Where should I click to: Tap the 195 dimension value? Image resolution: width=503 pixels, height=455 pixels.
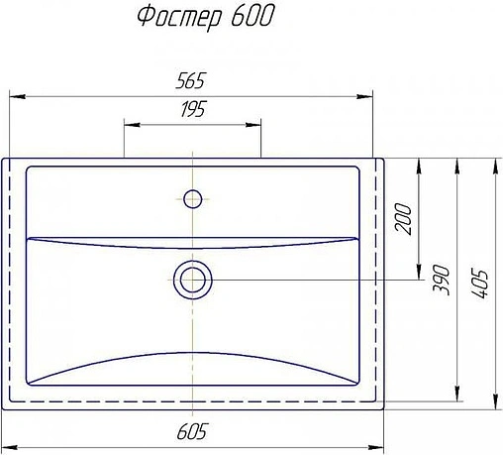point(192,111)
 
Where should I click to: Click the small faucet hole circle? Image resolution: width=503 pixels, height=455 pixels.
point(192,197)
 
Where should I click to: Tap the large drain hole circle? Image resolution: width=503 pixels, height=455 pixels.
point(192,279)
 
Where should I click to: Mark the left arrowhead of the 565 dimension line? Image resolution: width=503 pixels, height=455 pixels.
point(16,97)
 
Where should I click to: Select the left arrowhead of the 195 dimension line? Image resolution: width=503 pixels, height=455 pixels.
point(129,125)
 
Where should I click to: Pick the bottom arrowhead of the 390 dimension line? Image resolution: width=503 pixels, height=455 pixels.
point(456,396)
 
